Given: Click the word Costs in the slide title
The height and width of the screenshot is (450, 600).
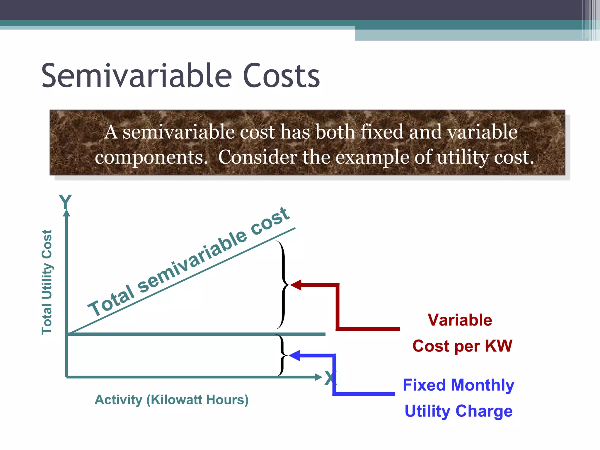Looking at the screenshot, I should (x=281, y=76).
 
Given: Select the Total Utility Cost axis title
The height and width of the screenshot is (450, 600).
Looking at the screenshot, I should (x=47, y=282).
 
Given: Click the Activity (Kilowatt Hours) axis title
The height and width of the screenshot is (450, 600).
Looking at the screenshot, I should (x=172, y=400).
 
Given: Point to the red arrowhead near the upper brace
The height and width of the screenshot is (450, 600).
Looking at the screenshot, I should (x=296, y=285).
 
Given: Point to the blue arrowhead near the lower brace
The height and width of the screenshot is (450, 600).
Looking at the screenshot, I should (x=295, y=355).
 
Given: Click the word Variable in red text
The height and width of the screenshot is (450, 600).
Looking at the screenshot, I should (x=460, y=320).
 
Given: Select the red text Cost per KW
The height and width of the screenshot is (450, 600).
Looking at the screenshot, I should (x=462, y=346).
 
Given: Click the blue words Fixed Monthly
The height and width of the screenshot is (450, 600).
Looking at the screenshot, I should (x=458, y=385).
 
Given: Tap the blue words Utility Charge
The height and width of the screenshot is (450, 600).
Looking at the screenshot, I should (x=458, y=411).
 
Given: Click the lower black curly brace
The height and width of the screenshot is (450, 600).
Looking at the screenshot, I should (x=282, y=355).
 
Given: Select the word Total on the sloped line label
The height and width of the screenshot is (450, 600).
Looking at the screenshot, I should (x=111, y=302).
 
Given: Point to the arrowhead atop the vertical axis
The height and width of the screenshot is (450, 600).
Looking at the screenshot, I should (x=67, y=212).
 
